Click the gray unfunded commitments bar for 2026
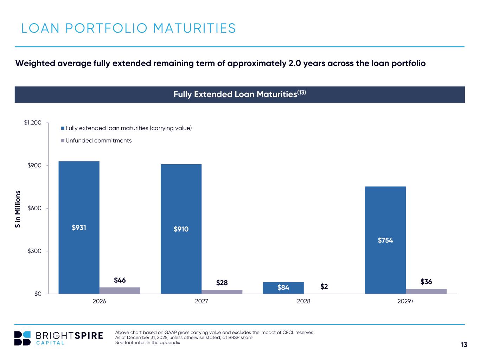(x=120, y=290)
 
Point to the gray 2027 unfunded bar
(x=222, y=292)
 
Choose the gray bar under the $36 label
(x=426, y=291)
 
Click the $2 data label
(x=324, y=287)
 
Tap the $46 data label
(x=120, y=280)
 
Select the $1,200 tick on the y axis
(x=33, y=123)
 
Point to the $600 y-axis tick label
(x=34, y=208)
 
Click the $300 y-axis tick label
(x=34, y=251)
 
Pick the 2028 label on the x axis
(x=303, y=302)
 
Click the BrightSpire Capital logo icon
(x=22, y=338)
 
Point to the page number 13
(x=464, y=345)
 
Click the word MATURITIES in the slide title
(x=195, y=28)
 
